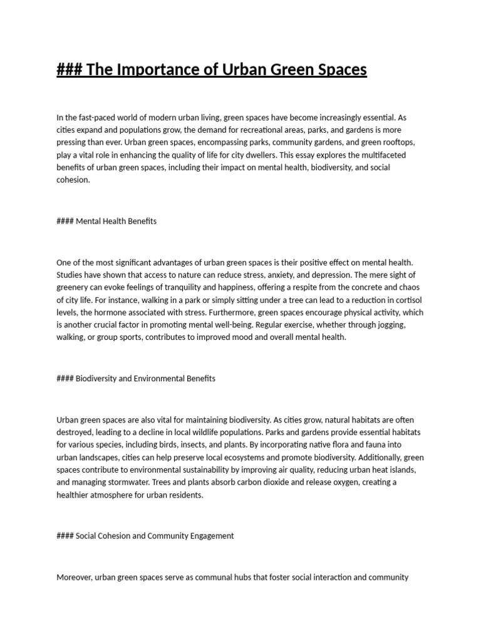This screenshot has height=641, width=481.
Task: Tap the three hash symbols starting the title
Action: [x=69, y=69]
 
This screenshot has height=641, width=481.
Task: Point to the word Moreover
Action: [x=75, y=577]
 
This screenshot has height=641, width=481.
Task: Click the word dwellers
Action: [x=256, y=155]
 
